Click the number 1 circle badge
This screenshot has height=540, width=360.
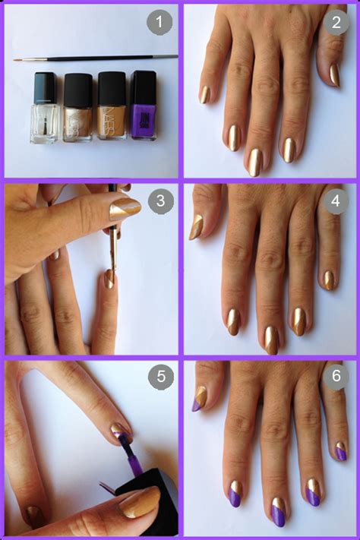(159, 22)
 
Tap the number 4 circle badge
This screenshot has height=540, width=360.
(335, 202)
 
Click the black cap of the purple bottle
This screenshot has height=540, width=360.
(144, 84)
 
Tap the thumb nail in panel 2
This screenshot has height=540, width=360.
(334, 74)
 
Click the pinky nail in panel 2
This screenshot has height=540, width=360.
(204, 94)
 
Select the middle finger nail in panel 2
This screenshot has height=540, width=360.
(254, 161)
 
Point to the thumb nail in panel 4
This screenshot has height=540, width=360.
(196, 226)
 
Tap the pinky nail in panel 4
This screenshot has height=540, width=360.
(329, 279)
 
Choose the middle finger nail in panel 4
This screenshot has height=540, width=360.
(271, 339)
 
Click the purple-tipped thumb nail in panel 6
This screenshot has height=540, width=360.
(198, 398)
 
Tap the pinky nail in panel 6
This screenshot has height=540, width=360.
(340, 451)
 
